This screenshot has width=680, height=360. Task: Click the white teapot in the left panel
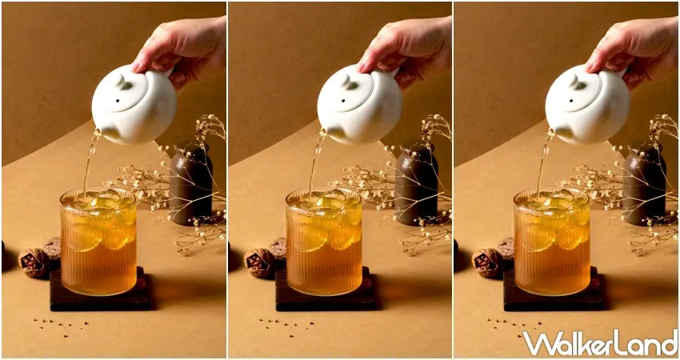[x=134, y=104]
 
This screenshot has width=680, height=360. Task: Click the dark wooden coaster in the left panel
[x=100, y=300]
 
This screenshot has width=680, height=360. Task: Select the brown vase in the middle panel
[x=416, y=184]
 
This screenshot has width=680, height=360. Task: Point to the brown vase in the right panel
[x=643, y=184]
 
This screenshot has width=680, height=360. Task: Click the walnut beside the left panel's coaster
[x=34, y=262]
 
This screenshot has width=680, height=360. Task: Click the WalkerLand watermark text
[x=599, y=342]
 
